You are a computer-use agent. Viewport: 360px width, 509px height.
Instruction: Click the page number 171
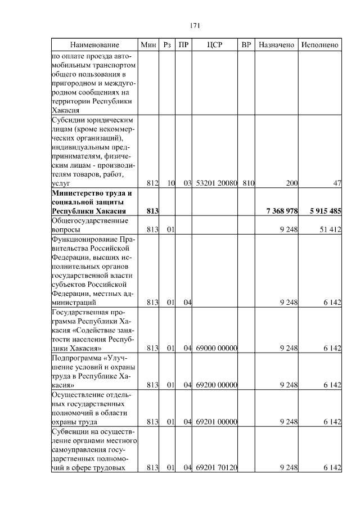[x=195, y=25]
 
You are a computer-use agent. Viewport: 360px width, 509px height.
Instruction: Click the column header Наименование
[x=95, y=44]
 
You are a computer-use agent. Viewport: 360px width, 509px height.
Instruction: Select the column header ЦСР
[x=215, y=44]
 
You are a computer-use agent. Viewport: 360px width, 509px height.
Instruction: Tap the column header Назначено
[x=276, y=44]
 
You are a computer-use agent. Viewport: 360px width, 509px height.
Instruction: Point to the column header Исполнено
[x=320, y=44]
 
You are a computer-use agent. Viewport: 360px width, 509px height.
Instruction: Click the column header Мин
[x=148, y=44]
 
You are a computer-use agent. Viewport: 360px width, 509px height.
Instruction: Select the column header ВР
[x=246, y=44]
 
